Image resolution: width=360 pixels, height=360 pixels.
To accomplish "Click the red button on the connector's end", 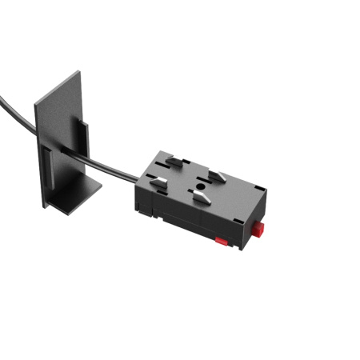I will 260,230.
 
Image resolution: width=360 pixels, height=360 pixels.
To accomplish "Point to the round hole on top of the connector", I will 195,190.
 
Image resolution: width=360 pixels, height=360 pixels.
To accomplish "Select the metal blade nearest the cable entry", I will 158,183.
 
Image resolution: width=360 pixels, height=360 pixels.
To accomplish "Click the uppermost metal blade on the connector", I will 177,162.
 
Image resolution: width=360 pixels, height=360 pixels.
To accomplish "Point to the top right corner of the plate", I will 79,74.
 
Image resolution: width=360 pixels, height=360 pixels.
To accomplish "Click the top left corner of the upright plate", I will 35,102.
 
